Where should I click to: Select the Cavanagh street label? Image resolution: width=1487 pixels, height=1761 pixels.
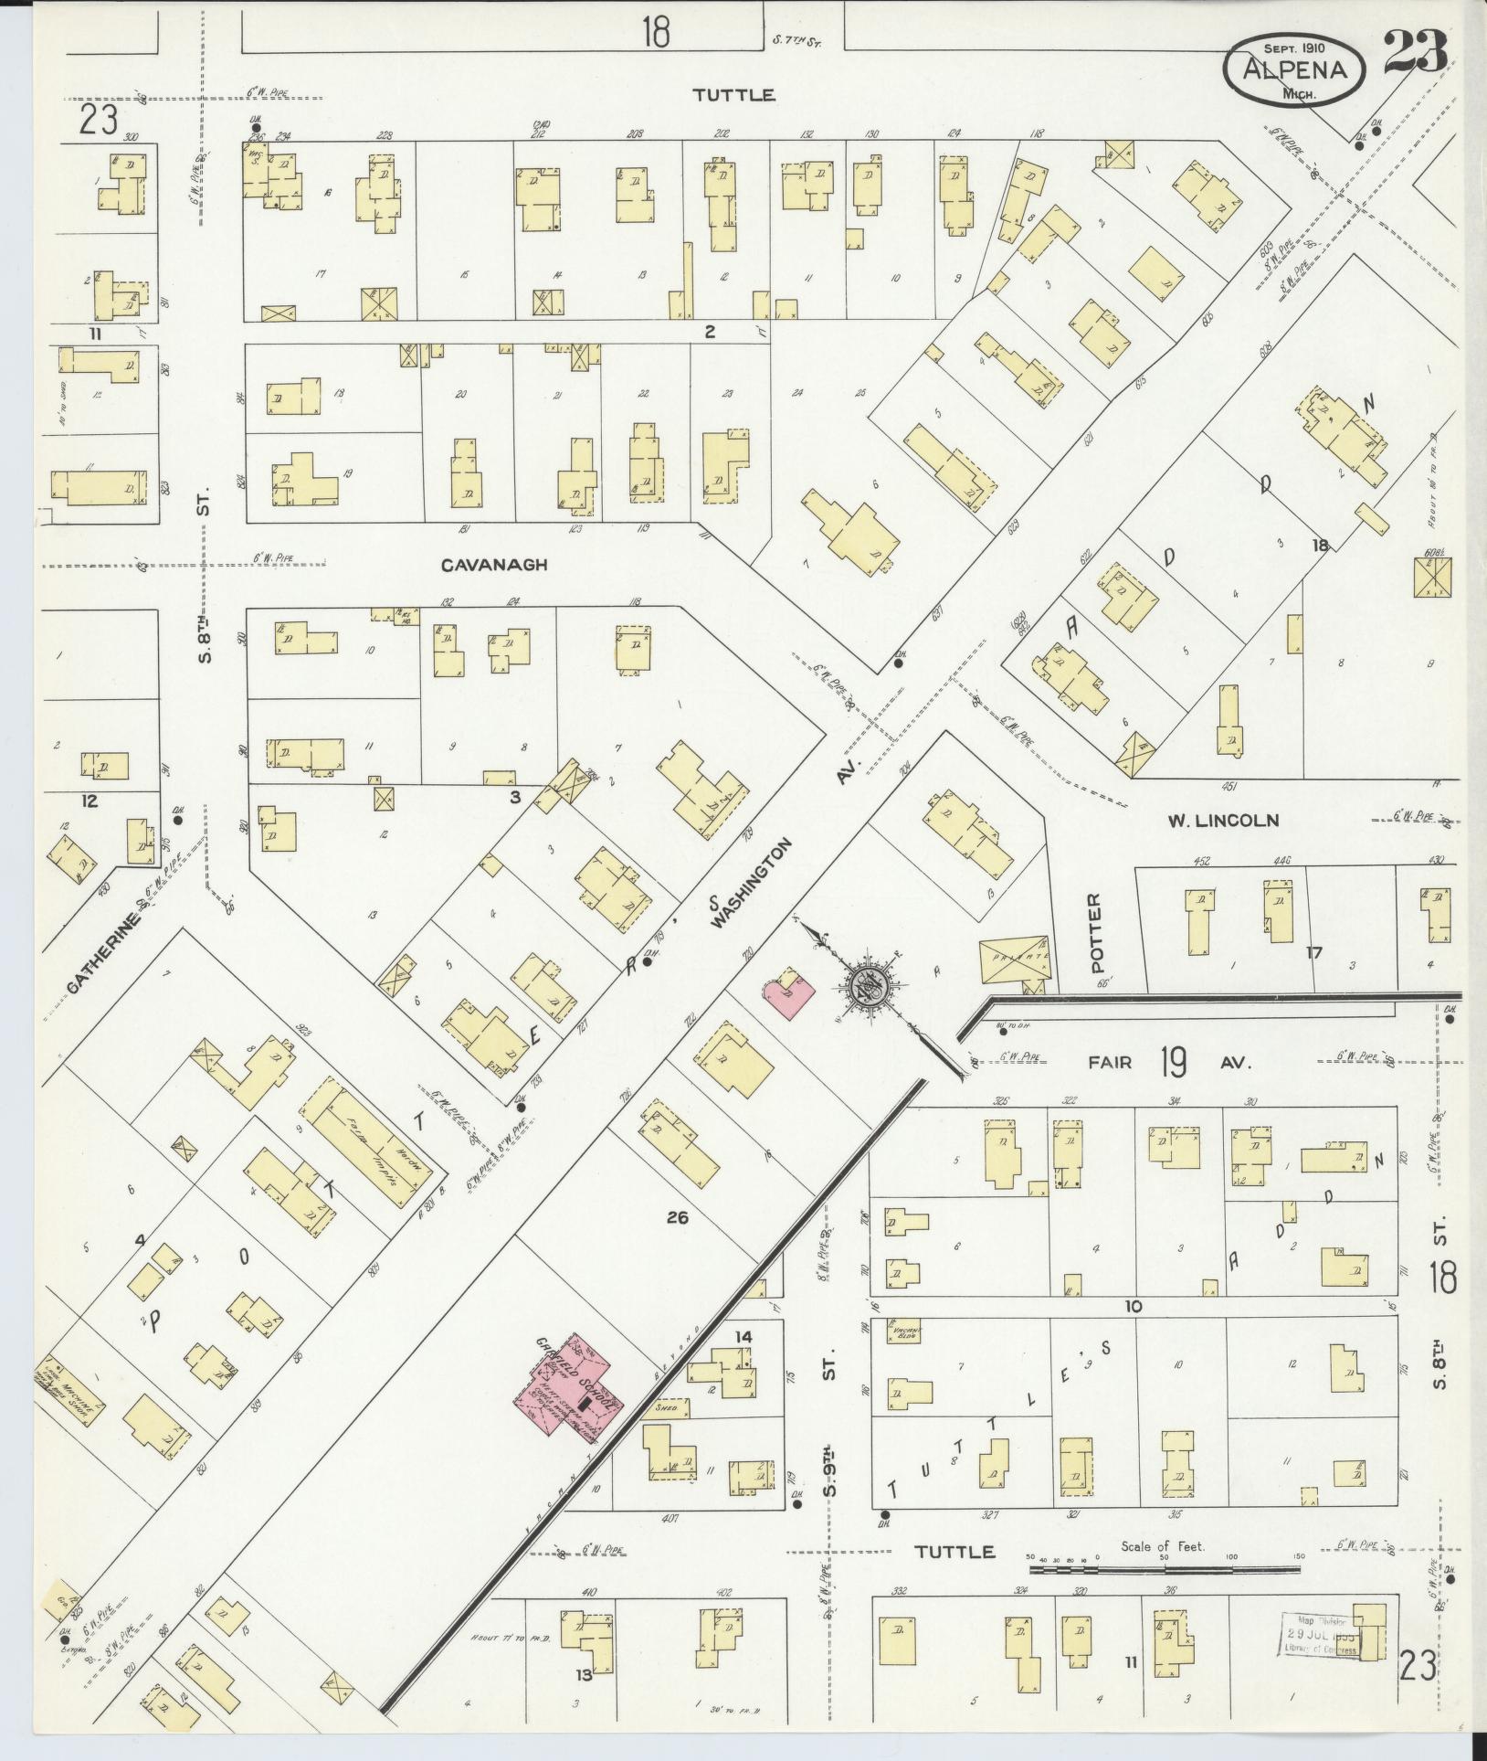(x=493, y=565)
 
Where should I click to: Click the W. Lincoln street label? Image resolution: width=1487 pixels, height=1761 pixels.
(x=1222, y=821)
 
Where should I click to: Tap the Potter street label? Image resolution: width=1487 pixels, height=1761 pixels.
(x=1096, y=932)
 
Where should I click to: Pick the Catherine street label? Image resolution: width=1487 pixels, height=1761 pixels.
(x=105, y=943)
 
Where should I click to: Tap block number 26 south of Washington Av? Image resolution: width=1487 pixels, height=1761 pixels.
(x=677, y=1217)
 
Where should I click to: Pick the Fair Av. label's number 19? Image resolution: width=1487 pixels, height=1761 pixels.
(x=1173, y=1063)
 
